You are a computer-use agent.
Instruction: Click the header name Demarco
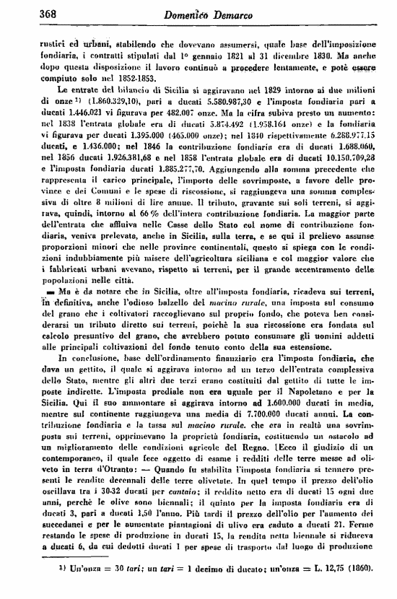(238, 12)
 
